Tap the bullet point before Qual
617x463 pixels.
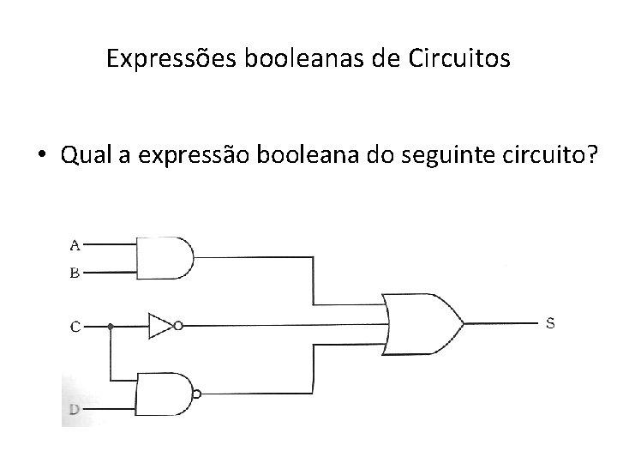(42, 156)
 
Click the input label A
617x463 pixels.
(75, 245)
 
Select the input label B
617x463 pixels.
(75, 274)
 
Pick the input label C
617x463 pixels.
(75, 326)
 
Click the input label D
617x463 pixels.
(75, 410)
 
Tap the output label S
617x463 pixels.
(551, 323)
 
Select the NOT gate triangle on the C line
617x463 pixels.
(159, 325)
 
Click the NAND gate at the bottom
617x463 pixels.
(164, 394)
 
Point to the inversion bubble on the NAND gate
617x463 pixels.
(198, 394)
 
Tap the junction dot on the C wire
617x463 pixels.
(111, 326)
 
